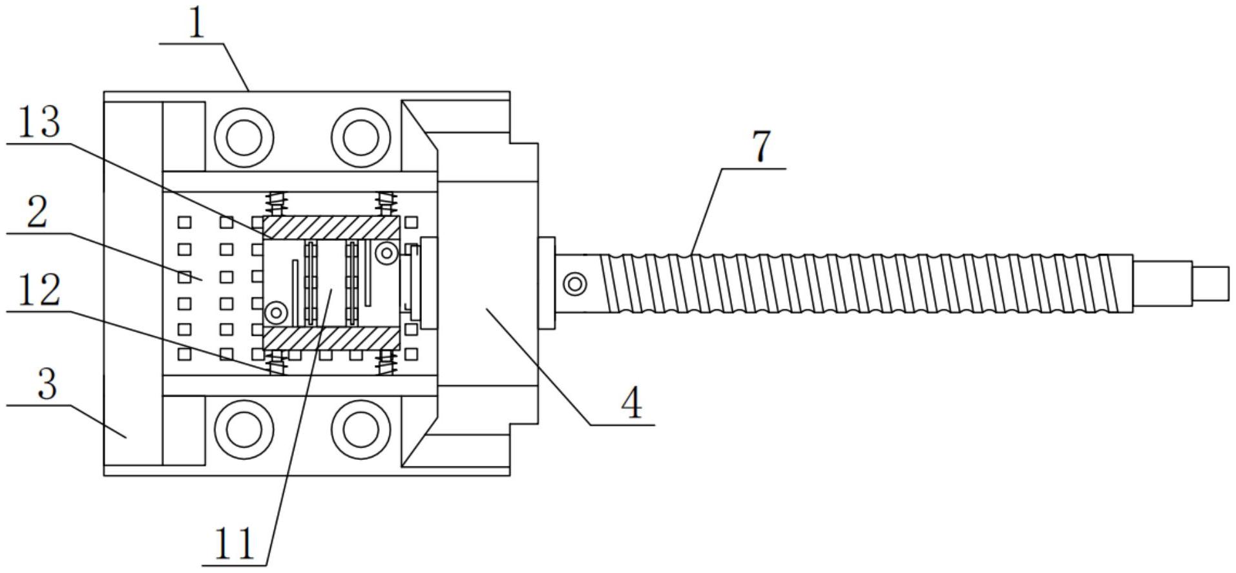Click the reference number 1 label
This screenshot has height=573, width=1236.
(x=196, y=24)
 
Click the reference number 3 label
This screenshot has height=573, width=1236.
(x=47, y=384)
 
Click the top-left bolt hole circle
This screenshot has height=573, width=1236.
(x=244, y=137)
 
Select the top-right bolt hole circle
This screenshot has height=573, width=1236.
(x=361, y=137)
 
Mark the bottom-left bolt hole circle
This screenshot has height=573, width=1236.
(x=244, y=429)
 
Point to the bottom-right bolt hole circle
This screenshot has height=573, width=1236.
(x=361, y=429)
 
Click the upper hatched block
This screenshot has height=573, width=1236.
(x=330, y=227)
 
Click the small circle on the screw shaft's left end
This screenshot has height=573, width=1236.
(x=574, y=283)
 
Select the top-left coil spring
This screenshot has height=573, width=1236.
(x=277, y=203)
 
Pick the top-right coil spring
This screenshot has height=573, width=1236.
(x=386, y=203)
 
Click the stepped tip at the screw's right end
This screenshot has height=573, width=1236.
(x=1210, y=283)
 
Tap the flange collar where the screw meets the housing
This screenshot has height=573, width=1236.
(x=547, y=283)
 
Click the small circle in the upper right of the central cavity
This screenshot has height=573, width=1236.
(x=388, y=253)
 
